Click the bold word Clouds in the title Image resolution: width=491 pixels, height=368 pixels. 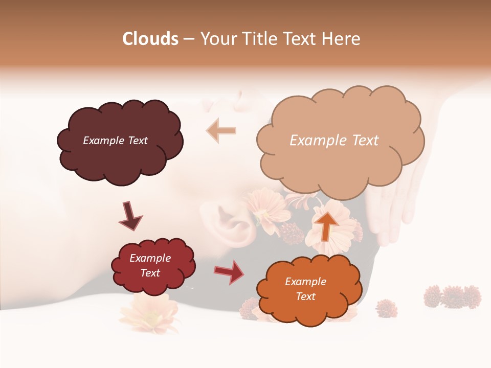[150, 39]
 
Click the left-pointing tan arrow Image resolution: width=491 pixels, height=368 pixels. [221, 130]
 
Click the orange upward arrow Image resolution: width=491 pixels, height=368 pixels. [327, 225]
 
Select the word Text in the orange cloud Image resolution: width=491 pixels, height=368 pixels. [305, 296]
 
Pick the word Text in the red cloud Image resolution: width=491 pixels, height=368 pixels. [150, 273]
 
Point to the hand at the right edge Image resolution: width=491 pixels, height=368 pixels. [394, 204]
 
